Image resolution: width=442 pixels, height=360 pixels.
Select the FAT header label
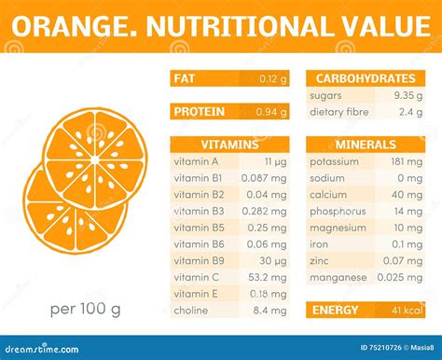[185, 78]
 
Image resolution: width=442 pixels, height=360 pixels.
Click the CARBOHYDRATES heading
[366, 78]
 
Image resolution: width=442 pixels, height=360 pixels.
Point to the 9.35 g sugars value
[409, 95]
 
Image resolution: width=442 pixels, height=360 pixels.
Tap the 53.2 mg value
[270, 276]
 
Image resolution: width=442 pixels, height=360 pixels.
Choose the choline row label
[191, 310]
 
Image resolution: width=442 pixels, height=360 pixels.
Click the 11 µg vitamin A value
[275, 161]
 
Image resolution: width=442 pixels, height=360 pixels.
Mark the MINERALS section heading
[366, 145]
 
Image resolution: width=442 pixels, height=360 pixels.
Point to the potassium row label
[337, 161]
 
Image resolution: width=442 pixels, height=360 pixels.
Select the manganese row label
[338, 276]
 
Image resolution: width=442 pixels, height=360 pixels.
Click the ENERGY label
[336, 310]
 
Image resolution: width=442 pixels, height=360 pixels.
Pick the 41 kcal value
[407, 310]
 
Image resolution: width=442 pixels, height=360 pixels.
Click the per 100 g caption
[86, 309]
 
